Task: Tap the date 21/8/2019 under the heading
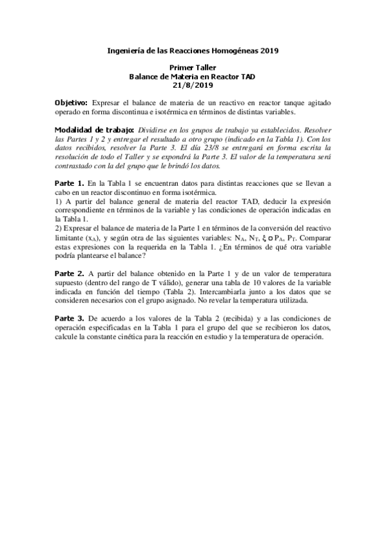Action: click(x=193, y=85)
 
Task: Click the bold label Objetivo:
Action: click(x=72, y=103)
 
